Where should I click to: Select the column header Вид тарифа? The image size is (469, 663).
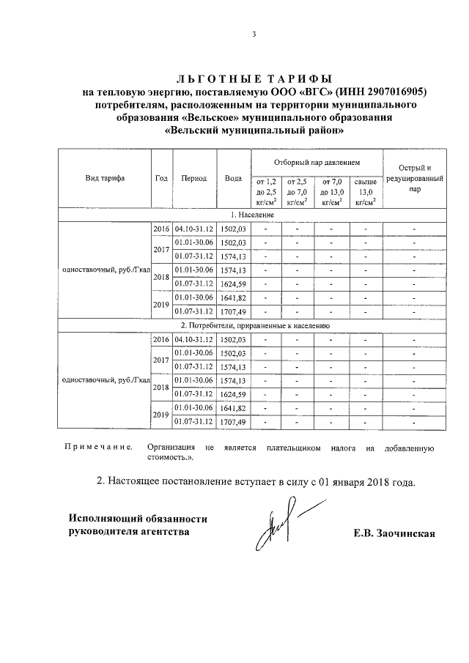point(105,178)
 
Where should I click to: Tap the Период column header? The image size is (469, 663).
point(194,178)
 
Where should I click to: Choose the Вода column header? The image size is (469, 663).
point(233,178)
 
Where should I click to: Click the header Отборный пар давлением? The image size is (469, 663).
point(317,160)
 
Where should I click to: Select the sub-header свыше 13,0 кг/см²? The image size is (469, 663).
point(366,190)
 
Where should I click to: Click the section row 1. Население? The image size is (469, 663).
point(252,215)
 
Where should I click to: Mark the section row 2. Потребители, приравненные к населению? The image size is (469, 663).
point(252,325)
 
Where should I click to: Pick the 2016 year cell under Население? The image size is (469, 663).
point(161,229)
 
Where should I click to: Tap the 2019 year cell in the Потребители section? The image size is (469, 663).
point(161,415)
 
